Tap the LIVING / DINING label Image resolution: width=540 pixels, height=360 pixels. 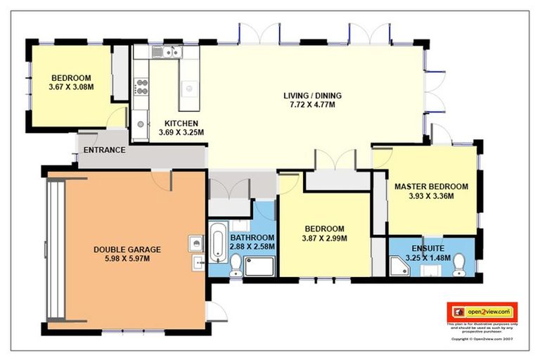[309, 96]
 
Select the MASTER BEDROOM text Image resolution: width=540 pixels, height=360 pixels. [430, 186]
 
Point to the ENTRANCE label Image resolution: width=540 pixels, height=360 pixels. [104, 150]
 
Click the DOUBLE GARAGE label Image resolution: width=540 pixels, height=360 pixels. [127, 249]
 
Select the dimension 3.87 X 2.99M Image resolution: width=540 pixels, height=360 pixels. [323, 238]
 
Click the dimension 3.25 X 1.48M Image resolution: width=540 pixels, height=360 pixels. [430, 258]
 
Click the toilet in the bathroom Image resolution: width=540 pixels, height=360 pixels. [236, 266]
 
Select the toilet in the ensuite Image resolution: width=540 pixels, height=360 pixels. [460, 264]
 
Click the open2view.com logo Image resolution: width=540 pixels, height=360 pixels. [482, 311]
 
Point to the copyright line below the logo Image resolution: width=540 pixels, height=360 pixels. [482, 338]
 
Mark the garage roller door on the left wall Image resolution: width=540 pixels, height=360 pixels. [55, 249]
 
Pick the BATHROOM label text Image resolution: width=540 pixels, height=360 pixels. [252, 238]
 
